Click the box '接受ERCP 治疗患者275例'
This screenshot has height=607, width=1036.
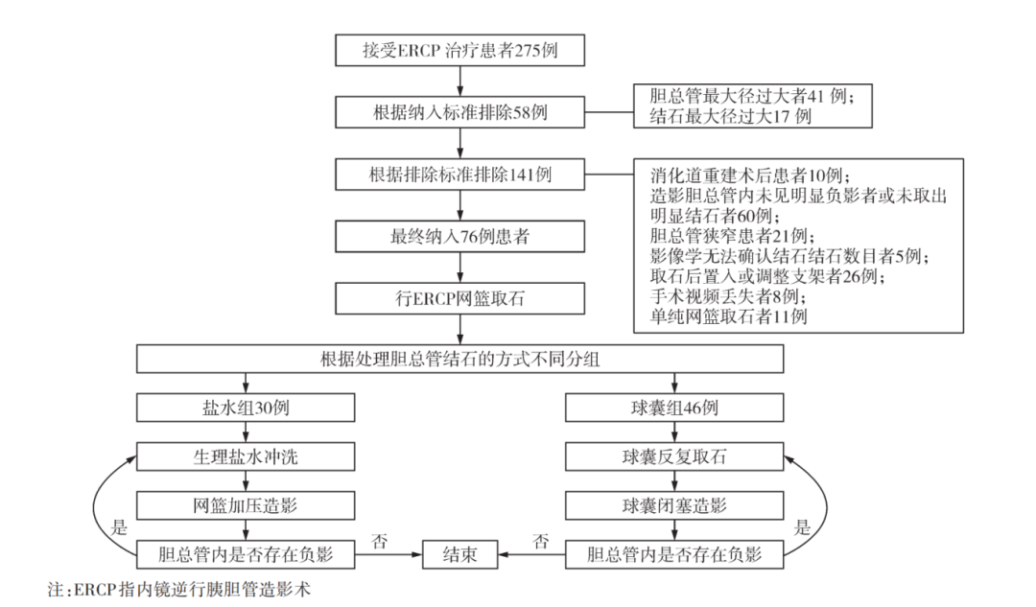tap(459, 51)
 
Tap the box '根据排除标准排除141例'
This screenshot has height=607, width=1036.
tap(459, 175)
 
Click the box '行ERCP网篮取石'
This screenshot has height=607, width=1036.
tap(459, 298)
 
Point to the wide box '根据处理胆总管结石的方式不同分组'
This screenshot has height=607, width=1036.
tap(459, 360)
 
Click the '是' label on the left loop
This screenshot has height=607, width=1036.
tap(120, 526)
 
